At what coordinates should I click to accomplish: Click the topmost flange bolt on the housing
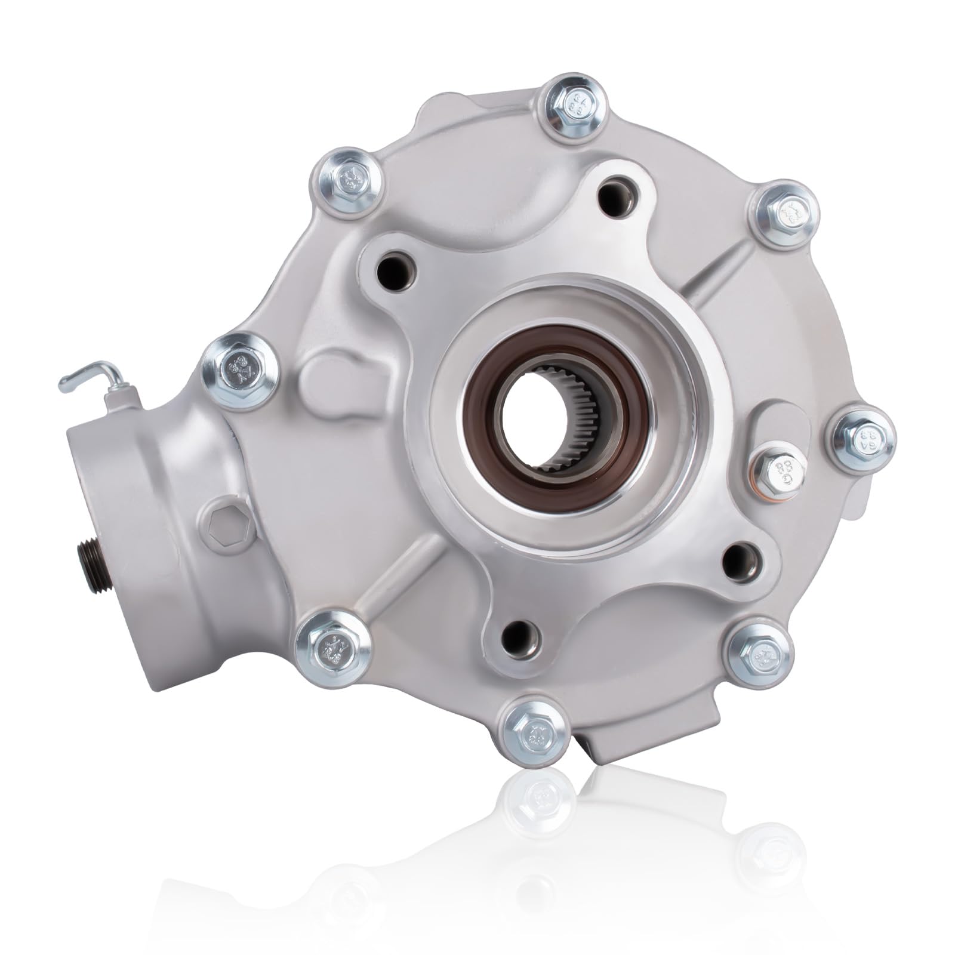pyautogui.click(x=575, y=106)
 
